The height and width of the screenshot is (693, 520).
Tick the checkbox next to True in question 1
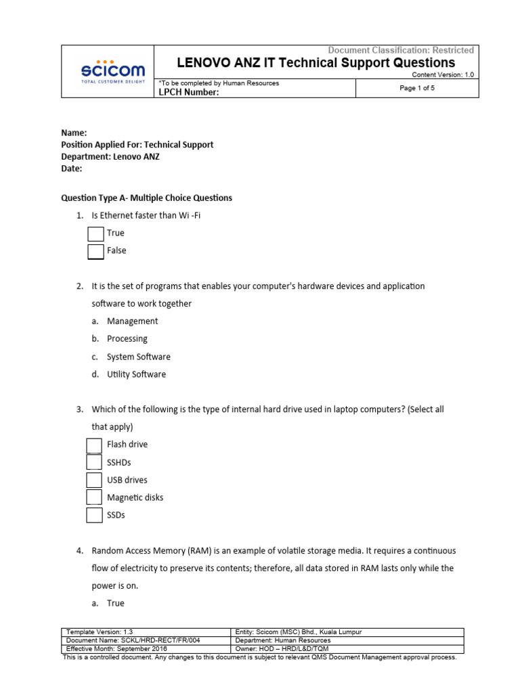click(96, 233)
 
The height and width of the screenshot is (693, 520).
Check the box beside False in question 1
click(96, 251)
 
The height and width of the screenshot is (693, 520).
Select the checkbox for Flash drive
click(95, 445)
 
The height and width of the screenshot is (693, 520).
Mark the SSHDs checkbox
click(95, 462)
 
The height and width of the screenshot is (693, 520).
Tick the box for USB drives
click(95, 480)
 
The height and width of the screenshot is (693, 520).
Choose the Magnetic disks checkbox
click(95, 497)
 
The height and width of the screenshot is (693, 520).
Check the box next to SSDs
click(95, 515)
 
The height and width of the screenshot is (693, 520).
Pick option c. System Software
click(138, 357)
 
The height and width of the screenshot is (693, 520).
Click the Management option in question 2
click(132, 321)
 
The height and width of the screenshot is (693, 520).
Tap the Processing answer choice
click(127, 339)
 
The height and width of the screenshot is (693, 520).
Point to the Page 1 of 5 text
click(417, 88)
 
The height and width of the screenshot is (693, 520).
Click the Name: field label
click(74, 133)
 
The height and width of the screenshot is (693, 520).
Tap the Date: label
click(72, 169)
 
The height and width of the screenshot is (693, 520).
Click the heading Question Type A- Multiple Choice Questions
click(147, 198)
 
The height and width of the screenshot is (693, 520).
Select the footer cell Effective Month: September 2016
click(116, 648)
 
